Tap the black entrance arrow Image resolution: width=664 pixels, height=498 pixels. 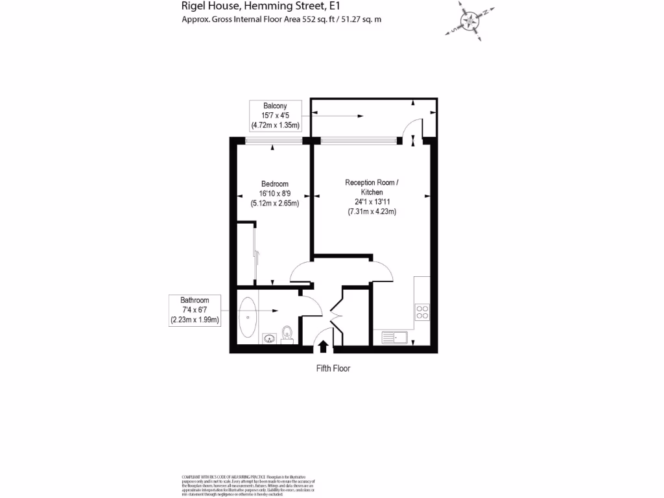click(x=324, y=346)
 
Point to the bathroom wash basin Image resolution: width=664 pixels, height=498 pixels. click(x=268, y=337)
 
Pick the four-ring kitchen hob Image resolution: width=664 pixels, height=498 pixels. click(x=421, y=312)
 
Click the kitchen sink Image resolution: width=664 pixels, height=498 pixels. click(x=394, y=337)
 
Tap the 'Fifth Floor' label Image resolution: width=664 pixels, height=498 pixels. click(x=332, y=368)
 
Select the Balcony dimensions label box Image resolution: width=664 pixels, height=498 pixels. click(x=275, y=115)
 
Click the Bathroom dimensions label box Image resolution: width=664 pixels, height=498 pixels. click(x=195, y=310)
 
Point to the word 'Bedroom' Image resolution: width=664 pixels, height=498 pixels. click(x=274, y=184)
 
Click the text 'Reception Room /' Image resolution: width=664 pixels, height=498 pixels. click(x=372, y=183)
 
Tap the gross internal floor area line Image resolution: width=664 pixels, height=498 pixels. click(x=281, y=19)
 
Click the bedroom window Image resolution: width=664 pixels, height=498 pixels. click(x=274, y=141)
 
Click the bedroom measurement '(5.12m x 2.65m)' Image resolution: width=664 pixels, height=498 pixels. click(x=274, y=202)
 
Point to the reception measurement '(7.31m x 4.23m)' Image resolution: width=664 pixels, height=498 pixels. click(x=372, y=211)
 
